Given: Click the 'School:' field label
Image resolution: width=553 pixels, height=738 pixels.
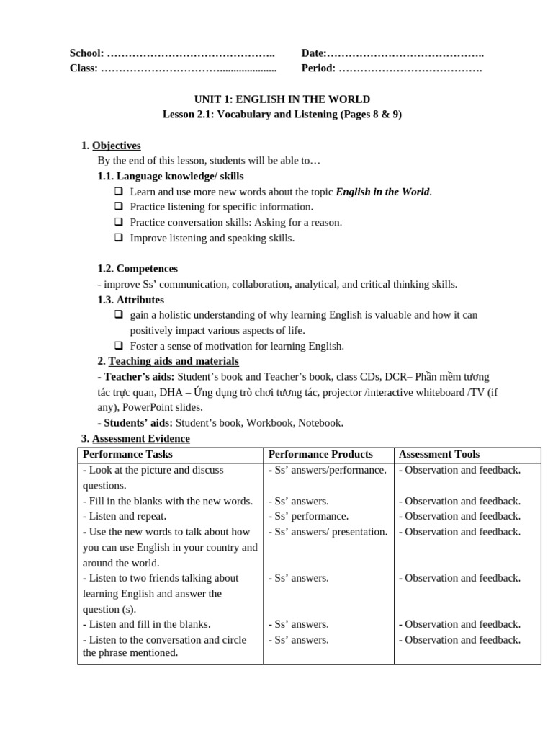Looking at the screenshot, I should [x=86, y=53].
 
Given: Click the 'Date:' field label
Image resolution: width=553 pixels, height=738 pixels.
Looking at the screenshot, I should [x=314, y=53].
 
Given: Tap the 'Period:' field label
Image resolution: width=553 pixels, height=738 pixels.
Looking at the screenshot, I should [x=318, y=68].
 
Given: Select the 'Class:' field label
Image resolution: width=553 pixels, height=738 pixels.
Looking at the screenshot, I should [x=84, y=68].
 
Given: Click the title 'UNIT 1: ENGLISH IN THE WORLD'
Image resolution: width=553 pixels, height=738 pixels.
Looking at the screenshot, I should [x=282, y=99].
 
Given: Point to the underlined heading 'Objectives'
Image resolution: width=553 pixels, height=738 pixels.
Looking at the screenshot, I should [x=116, y=146].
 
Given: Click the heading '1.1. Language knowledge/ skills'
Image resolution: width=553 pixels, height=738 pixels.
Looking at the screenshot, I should [x=171, y=176].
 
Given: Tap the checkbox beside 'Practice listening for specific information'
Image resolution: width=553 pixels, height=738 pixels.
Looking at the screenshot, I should [x=118, y=207].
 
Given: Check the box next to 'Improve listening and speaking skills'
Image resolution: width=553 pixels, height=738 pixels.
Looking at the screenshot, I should [x=118, y=238].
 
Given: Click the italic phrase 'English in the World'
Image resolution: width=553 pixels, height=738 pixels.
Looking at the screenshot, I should [x=382, y=192].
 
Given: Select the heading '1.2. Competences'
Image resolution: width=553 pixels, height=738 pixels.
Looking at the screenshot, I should [x=138, y=269].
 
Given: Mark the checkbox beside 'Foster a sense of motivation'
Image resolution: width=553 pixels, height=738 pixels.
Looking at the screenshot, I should [x=118, y=346].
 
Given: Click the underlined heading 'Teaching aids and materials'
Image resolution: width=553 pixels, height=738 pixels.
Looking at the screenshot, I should [x=174, y=361].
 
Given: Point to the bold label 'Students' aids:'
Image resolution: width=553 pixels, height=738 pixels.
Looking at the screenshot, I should [x=135, y=423].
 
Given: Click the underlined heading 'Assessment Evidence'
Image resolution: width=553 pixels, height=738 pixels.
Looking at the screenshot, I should [x=141, y=438].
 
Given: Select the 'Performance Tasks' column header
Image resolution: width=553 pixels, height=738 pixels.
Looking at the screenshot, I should [x=127, y=454].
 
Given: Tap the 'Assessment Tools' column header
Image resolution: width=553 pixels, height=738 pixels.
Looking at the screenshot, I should [x=439, y=454].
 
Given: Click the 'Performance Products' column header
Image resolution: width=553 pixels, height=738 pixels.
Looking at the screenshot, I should [x=320, y=454].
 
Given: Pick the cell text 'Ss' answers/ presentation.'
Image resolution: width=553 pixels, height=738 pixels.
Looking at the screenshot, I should [x=328, y=532].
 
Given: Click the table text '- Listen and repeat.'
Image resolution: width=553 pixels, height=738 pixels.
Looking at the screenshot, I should [x=125, y=516].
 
